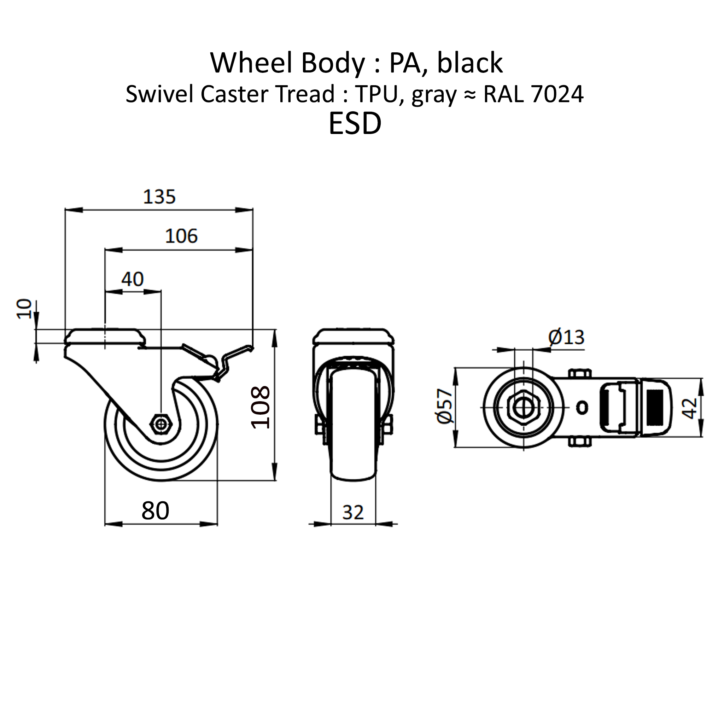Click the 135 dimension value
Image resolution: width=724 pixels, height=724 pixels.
(x=159, y=197)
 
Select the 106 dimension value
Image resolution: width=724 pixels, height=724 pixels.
(x=181, y=236)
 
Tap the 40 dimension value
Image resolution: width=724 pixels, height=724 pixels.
(x=132, y=279)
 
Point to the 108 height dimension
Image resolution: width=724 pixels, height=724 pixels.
(x=261, y=407)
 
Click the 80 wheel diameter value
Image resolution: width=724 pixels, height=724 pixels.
(x=156, y=510)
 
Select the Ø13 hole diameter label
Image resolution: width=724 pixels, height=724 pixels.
(x=566, y=337)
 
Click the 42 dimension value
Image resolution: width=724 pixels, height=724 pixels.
(x=689, y=408)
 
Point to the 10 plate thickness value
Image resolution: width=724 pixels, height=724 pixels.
(x=25, y=309)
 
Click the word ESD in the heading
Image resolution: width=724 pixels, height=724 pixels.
(x=355, y=124)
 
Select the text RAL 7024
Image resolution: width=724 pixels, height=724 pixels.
(x=533, y=94)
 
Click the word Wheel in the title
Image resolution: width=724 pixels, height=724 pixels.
(x=251, y=63)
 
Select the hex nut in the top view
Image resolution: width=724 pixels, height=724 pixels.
(x=523, y=407)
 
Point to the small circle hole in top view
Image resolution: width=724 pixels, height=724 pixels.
(x=582, y=407)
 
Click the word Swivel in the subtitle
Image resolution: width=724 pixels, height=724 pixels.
(x=160, y=94)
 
